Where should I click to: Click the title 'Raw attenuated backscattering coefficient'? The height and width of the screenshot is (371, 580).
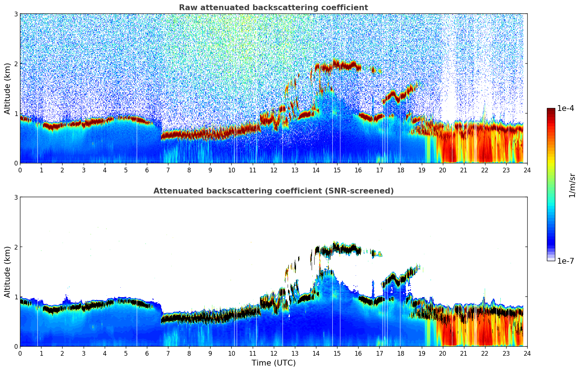(x=273, y=8)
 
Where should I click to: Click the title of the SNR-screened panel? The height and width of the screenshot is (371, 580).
(x=273, y=191)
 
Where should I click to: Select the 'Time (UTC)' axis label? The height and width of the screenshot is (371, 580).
(x=273, y=363)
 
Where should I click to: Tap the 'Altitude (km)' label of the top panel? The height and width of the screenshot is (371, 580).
(x=7, y=88)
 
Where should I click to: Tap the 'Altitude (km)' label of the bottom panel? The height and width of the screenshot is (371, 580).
(x=7, y=272)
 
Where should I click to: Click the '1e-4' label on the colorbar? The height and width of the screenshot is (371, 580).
(x=565, y=108)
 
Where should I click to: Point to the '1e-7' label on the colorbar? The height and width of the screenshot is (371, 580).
(x=565, y=261)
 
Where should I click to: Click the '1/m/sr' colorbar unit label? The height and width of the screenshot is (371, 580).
(x=572, y=185)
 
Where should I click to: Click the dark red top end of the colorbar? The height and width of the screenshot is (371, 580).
(x=551, y=111)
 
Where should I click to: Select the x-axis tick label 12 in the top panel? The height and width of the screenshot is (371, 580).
(x=274, y=170)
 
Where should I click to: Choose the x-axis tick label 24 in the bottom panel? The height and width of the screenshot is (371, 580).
(x=527, y=354)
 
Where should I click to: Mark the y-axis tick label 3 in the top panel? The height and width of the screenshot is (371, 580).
(x=16, y=14)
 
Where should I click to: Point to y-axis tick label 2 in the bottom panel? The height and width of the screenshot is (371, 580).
(x=16, y=247)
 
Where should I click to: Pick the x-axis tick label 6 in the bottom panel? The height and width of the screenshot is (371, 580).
(x=147, y=354)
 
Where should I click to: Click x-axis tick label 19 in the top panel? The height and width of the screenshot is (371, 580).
(x=421, y=170)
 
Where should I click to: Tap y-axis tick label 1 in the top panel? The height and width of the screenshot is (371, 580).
(x=16, y=113)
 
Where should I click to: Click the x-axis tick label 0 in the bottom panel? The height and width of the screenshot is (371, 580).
(x=20, y=354)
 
